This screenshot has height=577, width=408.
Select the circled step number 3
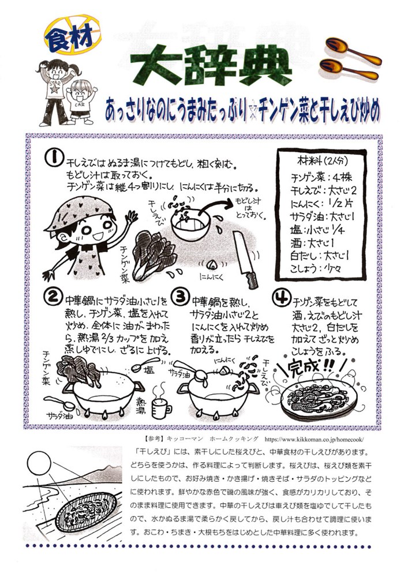click(x=181, y=297)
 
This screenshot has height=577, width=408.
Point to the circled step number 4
click(x=281, y=297)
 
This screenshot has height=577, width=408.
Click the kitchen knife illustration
click(x=246, y=260)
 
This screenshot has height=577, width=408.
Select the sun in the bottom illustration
click(x=39, y=463)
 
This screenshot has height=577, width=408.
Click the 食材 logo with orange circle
click(x=73, y=35)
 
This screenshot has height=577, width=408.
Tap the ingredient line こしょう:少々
click(x=315, y=268)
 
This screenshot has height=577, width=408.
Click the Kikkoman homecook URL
click(x=314, y=439)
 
